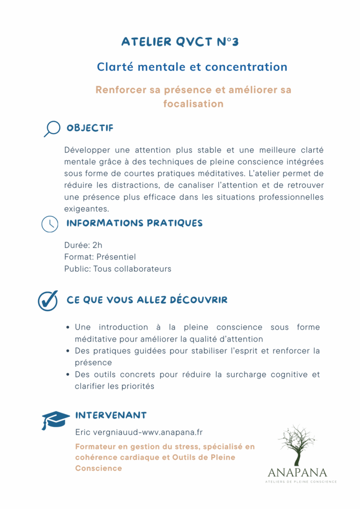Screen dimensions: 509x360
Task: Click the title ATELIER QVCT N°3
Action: click(180, 42)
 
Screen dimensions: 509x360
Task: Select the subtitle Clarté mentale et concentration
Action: click(192, 67)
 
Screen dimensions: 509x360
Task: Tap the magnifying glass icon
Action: click(51, 129)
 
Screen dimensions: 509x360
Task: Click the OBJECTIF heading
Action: click(90, 128)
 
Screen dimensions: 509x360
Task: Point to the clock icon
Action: click(49, 224)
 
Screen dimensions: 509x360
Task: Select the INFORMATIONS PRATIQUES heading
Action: click(134, 223)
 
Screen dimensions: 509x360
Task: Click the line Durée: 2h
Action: click(83, 245)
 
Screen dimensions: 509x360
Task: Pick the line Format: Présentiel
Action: click(100, 257)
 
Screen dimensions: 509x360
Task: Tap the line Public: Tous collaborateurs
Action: click(117, 269)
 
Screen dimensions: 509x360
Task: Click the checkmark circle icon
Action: click(48, 301)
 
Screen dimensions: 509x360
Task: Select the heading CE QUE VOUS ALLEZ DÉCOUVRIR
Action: click(147, 300)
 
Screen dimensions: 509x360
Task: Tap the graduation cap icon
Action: click(55, 420)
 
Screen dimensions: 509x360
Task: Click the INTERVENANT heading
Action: click(110, 415)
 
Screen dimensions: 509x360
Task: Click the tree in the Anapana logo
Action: click(297, 445)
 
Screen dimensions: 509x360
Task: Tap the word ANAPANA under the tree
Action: click(297, 472)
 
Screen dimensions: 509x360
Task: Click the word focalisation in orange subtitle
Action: click(193, 104)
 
